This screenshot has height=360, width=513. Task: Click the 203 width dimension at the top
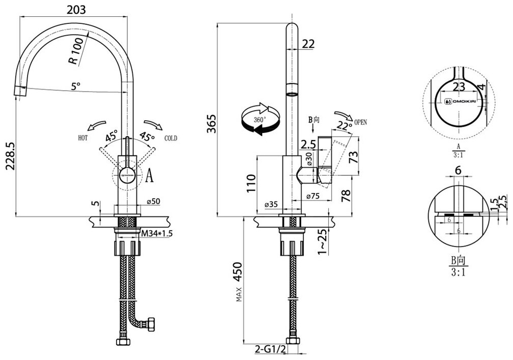click(x=75, y=9)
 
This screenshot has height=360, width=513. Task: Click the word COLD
click(x=170, y=138)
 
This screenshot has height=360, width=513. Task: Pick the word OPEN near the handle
click(x=360, y=122)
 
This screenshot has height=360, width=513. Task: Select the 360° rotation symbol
click(x=261, y=120)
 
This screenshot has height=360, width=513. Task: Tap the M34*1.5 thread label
click(x=158, y=233)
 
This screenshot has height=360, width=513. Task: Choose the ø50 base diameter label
click(x=153, y=202)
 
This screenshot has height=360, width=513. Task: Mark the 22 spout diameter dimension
click(x=308, y=44)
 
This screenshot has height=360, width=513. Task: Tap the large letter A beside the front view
click(x=149, y=176)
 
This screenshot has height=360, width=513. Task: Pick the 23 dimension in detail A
click(x=459, y=86)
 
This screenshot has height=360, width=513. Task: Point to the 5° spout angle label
click(x=76, y=87)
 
